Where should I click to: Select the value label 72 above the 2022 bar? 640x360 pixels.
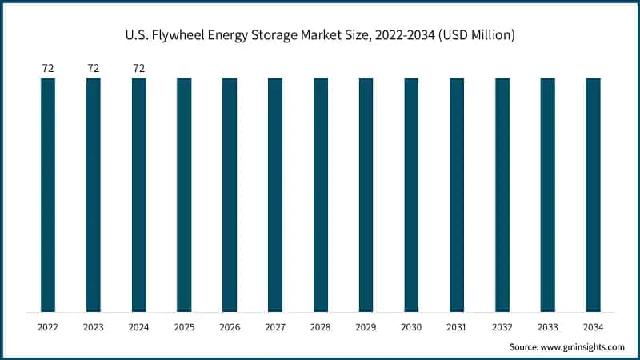48,69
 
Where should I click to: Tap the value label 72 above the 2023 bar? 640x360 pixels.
94,69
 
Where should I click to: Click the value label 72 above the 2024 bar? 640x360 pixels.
138,69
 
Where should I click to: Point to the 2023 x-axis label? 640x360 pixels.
94,327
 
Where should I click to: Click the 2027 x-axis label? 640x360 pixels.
275,327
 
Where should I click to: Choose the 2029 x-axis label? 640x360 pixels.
366,327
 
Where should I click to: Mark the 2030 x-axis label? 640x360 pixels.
411,327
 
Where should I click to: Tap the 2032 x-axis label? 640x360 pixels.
502,327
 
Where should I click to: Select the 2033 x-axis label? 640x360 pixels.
547,327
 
